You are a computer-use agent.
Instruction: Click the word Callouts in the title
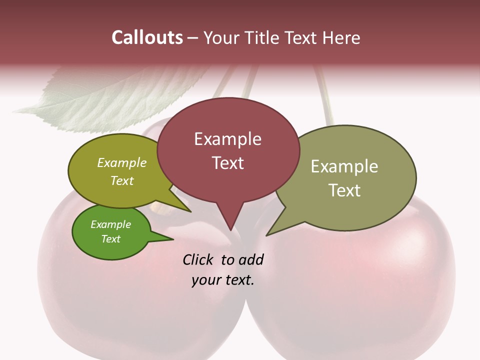pyautogui.click(x=147, y=37)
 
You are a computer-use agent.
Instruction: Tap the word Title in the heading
pyautogui.click(x=263, y=37)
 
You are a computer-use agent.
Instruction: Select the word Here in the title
pyautogui.click(x=341, y=37)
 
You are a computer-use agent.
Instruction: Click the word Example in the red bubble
pyautogui.click(x=227, y=139)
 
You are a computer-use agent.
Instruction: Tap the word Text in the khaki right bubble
pyautogui.click(x=344, y=190)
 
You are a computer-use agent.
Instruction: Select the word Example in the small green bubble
pyautogui.click(x=110, y=224)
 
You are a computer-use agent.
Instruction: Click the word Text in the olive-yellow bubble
pyautogui.click(x=122, y=181)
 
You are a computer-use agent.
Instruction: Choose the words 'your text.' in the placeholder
pyautogui.click(x=223, y=280)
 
